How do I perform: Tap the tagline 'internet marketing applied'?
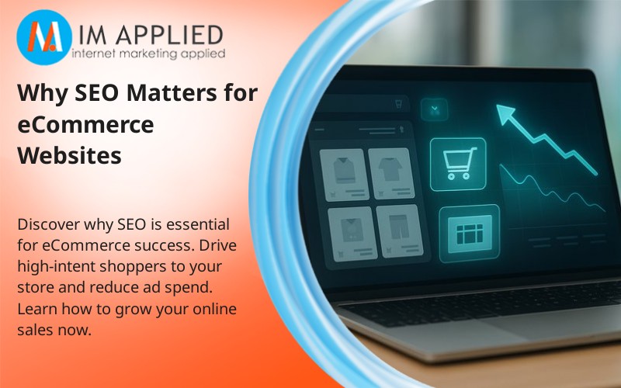pyautogui.click(x=147, y=54)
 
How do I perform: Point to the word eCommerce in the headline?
pyautogui.click(x=85, y=125)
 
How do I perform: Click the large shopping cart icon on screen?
pyautogui.click(x=457, y=162)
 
